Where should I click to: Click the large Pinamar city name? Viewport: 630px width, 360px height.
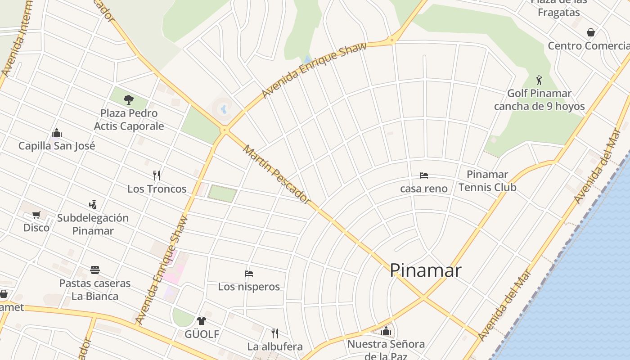click(x=425, y=270)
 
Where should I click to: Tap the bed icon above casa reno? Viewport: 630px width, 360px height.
click(x=423, y=175)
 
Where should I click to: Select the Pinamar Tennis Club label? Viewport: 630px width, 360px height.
click(x=487, y=181)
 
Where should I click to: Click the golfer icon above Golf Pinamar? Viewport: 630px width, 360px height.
click(x=539, y=80)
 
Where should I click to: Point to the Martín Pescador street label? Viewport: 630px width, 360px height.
click(x=276, y=173)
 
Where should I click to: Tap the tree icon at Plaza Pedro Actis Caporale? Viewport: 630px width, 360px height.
click(x=129, y=99)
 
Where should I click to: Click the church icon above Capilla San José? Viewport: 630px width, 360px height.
click(x=57, y=133)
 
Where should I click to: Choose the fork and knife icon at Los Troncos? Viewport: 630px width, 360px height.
click(x=157, y=175)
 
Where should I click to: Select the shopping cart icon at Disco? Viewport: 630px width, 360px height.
click(x=36, y=215)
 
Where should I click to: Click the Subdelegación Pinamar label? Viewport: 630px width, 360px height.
click(x=93, y=224)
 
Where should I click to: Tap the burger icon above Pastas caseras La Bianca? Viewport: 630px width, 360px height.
click(x=94, y=270)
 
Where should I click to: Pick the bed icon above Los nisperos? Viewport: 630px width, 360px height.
click(x=249, y=273)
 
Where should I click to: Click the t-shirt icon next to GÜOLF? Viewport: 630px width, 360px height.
click(x=201, y=321)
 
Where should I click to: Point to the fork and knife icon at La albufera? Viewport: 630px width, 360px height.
click(x=274, y=333)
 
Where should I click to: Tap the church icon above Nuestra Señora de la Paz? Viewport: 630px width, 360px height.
click(x=386, y=331)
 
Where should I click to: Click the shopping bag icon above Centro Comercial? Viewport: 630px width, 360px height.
click(x=591, y=32)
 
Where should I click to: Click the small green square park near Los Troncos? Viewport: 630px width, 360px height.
click(x=222, y=193)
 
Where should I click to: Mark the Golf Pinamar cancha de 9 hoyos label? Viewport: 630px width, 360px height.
click(x=539, y=100)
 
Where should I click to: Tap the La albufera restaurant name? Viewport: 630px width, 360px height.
click(x=274, y=347)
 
